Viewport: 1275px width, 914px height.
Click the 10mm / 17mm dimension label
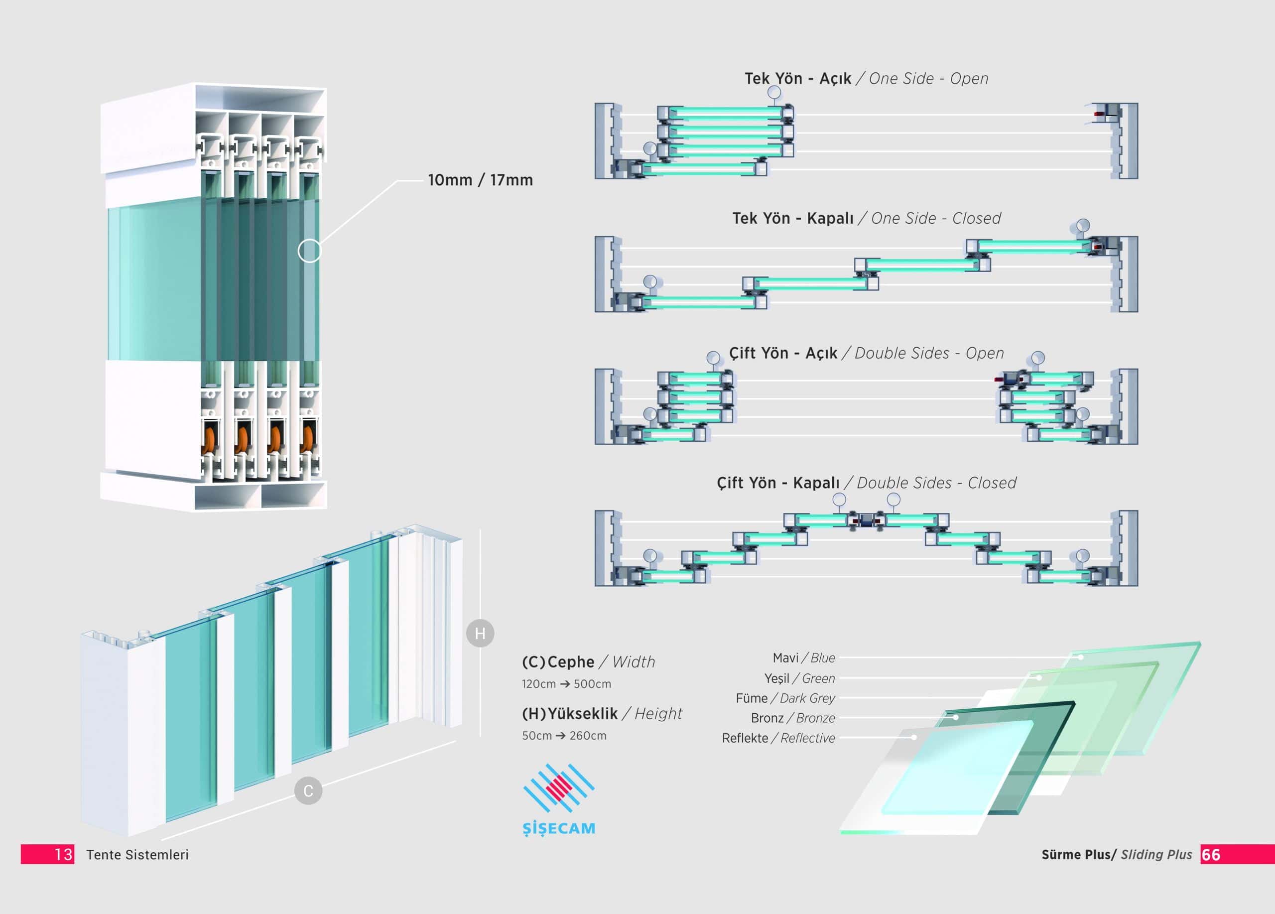pos(480,180)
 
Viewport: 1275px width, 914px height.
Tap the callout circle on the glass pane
pos(309,251)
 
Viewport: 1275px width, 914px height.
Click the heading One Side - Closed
pos(936,218)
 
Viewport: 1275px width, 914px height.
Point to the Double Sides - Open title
pos(929,353)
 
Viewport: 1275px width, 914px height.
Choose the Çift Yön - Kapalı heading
pos(777,483)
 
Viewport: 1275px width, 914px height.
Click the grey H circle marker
pos(480,634)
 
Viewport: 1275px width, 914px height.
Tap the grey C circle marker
pos(308,791)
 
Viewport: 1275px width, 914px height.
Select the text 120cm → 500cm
pos(566,684)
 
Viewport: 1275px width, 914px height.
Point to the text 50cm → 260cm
pos(564,736)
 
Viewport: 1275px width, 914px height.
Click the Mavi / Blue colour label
pos(803,657)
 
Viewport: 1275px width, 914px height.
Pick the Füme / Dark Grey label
pos(785,698)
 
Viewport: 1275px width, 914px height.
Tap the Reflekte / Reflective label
pos(778,738)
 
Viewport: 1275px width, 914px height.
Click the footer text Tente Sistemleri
pos(137,854)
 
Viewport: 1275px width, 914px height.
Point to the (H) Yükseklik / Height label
pos(602,713)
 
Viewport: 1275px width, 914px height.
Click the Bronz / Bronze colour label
pos(793,718)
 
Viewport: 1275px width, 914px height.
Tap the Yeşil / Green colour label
pos(799,678)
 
